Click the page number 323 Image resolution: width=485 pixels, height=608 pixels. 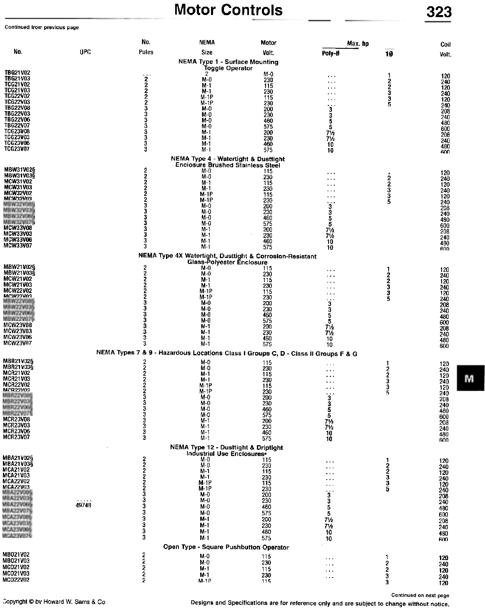[439, 12]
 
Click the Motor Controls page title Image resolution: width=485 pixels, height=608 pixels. [228, 10]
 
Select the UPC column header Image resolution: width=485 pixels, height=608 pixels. [85, 52]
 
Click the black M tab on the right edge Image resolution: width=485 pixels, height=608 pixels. [470, 378]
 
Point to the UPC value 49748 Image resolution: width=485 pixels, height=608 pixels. [83, 505]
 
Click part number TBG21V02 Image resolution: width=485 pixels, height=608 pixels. [17, 73]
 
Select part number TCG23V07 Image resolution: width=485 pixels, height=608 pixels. [17, 149]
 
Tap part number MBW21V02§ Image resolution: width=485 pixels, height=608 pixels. [19, 267]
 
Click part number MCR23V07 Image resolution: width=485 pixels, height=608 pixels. [16, 437]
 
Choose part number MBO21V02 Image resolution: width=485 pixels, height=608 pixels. [16, 555]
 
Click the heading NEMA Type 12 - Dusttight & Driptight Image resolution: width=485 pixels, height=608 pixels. [226, 447]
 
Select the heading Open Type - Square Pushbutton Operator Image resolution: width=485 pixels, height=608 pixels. [226, 547]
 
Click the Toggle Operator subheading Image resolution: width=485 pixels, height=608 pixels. [228, 68]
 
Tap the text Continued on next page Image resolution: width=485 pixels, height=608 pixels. [420, 595]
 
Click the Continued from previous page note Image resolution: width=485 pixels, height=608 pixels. [42, 28]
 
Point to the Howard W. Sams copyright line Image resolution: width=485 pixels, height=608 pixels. [54, 602]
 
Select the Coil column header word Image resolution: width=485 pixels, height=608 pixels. [445, 45]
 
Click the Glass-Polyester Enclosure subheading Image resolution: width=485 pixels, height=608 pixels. [227, 262]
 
